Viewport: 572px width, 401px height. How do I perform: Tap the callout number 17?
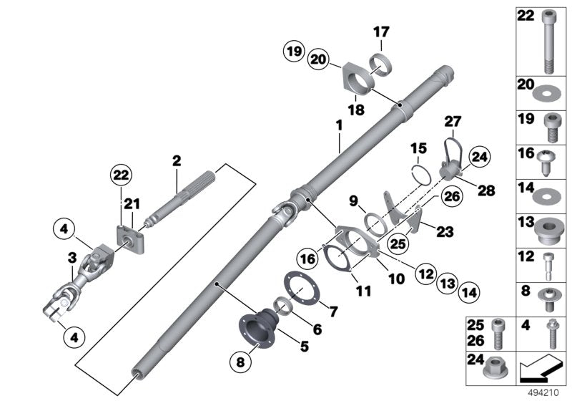pos(380,32)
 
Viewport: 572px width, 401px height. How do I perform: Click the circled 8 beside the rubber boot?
pos(240,362)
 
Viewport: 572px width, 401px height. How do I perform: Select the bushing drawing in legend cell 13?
pos(548,229)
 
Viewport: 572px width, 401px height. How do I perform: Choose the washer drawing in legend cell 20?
pos(548,93)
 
